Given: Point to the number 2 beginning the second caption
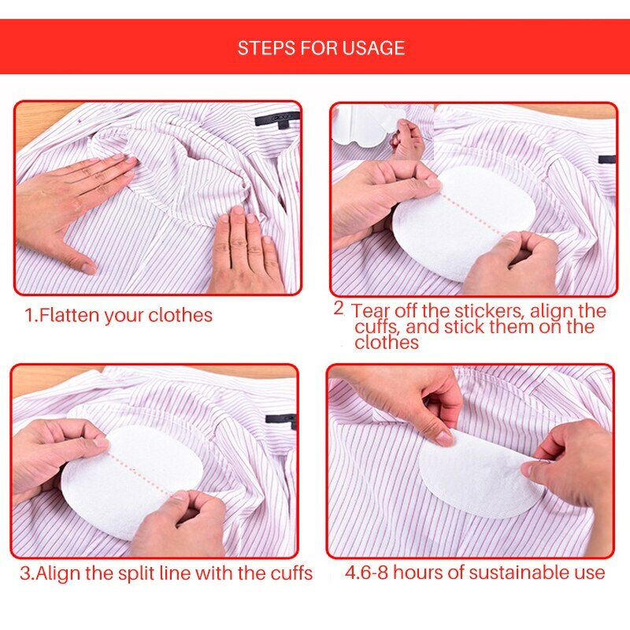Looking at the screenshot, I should point(338,308).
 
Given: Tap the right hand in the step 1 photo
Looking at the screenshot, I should point(248,252).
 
